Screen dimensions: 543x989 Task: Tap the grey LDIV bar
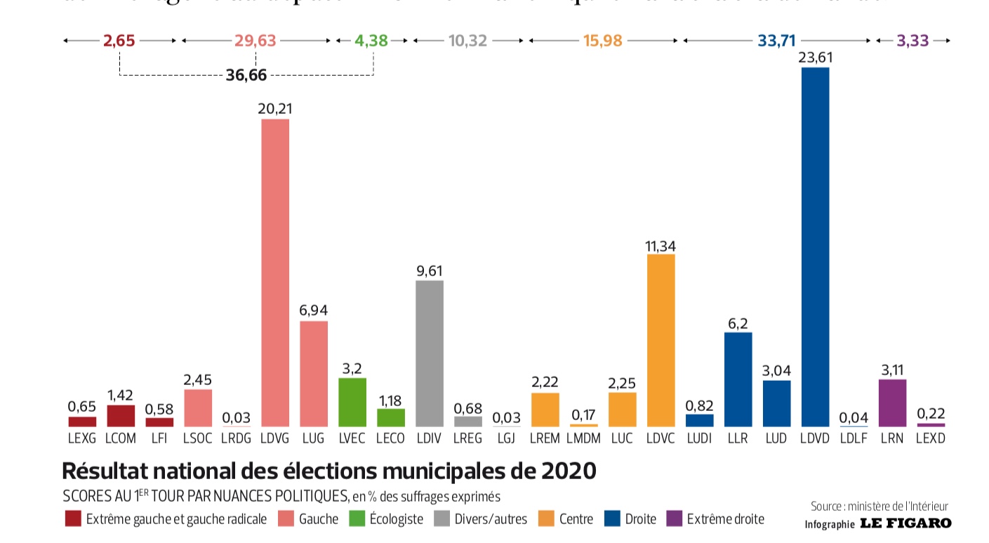(430, 353)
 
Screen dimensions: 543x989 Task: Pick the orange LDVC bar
(661, 341)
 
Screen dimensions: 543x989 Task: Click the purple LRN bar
(892, 403)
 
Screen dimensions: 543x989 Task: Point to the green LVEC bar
(352, 403)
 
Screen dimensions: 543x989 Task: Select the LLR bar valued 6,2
(738, 379)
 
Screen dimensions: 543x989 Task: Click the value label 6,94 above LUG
(314, 310)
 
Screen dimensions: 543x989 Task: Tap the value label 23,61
(815, 57)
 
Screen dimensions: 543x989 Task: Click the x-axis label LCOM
(121, 438)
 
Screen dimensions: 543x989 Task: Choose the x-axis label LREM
(545, 438)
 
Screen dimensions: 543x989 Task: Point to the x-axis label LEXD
(931, 438)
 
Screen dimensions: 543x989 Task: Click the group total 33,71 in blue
(776, 41)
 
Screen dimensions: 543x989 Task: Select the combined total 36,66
(246, 75)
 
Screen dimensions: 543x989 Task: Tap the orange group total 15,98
(602, 41)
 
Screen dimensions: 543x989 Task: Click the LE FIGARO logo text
(905, 523)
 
